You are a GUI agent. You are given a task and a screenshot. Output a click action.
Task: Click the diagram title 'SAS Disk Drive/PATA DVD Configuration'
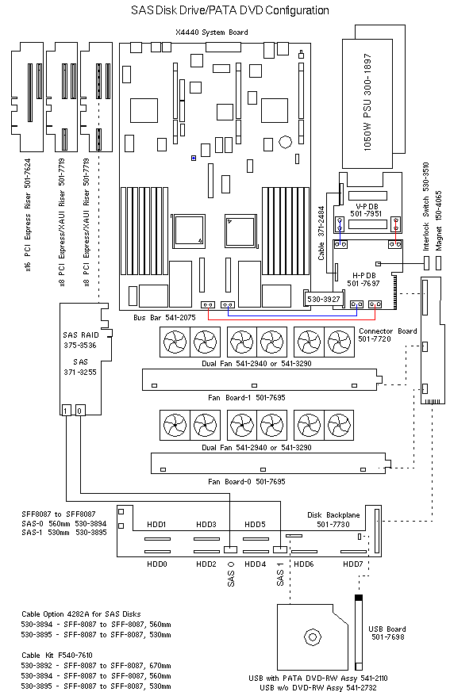click(x=230, y=10)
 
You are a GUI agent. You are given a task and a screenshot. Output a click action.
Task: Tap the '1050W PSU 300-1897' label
click(x=367, y=102)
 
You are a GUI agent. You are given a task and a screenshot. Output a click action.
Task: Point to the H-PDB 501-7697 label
click(x=363, y=279)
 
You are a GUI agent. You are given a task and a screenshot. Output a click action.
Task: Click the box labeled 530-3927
click(x=324, y=299)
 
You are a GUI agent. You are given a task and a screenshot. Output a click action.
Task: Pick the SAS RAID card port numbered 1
click(x=66, y=411)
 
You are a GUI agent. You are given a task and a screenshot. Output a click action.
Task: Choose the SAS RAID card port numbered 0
click(x=80, y=411)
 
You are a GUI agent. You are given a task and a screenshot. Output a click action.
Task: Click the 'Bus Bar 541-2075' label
click(x=164, y=317)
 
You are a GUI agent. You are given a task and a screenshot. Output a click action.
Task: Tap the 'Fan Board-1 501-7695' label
click(x=247, y=398)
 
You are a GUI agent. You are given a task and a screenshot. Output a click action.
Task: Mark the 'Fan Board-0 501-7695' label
click(x=247, y=481)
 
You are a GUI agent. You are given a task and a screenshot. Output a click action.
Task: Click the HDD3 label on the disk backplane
click(x=206, y=524)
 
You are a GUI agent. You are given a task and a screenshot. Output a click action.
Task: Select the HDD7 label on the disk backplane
click(x=352, y=564)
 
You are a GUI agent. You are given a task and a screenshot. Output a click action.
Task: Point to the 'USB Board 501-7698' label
click(x=387, y=633)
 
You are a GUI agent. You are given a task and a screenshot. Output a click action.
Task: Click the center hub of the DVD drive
click(x=313, y=637)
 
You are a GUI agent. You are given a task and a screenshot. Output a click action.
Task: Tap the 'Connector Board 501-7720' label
click(x=387, y=335)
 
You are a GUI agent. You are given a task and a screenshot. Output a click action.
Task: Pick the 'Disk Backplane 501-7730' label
click(x=333, y=519)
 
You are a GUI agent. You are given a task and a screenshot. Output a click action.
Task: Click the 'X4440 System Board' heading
click(x=212, y=32)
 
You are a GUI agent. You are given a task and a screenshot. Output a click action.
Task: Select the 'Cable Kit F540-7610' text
click(x=57, y=655)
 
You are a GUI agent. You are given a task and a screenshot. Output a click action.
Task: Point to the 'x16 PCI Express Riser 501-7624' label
click(x=28, y=215)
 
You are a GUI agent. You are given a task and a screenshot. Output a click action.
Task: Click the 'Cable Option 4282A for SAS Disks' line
click(x=81, y=614)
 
